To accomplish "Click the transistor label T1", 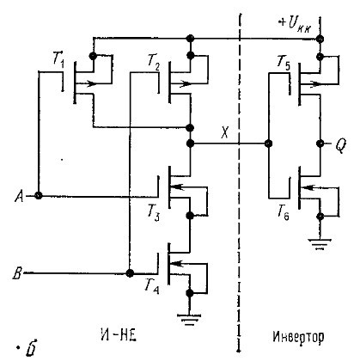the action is pos(58,60).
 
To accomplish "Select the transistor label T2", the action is pos(154,61).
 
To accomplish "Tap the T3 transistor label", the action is pos(154,213).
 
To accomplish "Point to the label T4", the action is pos(152,286).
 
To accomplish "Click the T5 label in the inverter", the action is pos(284,63).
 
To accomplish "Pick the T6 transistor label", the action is pos(284,212).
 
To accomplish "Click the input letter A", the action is pos(19,197).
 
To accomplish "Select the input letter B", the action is pos(17,273).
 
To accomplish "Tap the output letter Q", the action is pos(340,146).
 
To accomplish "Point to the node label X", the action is pos(225,132).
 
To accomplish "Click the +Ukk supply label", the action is pos(295,25).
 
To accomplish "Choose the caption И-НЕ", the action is pos(119,336).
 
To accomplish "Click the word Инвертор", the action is pos(298,337).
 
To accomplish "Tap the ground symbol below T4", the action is pos(189,320).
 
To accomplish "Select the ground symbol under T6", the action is pos(320,244).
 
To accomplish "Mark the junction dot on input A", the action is pos(38,196).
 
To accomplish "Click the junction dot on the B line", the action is pos(130,273).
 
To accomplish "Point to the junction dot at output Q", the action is pos(320,143).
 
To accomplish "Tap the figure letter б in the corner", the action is pos(31,347).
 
